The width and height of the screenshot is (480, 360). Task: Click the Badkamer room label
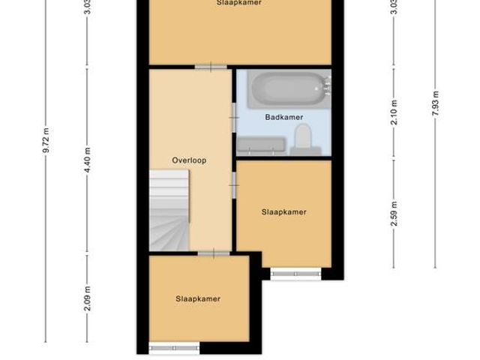pyautogui.click(x=283, y=117)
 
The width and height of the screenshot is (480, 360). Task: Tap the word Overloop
pyautogui.click(x=188, y=160)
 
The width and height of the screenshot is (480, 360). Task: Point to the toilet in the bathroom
pyautogui.click(x=303, y=139)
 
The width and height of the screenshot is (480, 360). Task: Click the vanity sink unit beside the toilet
pyautogui.click(x=262, y=145)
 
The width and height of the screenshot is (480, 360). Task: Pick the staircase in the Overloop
pyautogui.click(x=169, y=209)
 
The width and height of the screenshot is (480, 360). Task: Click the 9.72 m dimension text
pyautogui.click(x=46, y=140)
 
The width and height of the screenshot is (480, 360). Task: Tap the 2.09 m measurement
pyautogui.click(x=88, y=298)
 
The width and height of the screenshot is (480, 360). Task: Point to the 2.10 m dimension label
pyautogui.click(x=394, y=112)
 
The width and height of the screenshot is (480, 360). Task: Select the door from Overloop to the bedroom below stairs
pyautogui.click(x=214, y=253)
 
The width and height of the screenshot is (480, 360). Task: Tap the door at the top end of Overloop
pyautogui.click(x=211, y=67)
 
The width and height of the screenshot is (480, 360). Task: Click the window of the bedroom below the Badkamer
pyautogui.click(x=295, y=274)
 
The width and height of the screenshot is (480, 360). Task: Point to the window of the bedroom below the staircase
pyautogui.click(x=174, y=347)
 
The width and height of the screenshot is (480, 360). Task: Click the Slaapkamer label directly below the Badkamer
pyautogui.click(x=283, y=212)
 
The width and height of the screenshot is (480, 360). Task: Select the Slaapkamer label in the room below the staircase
pyautogui.click(x=198, y=298)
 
